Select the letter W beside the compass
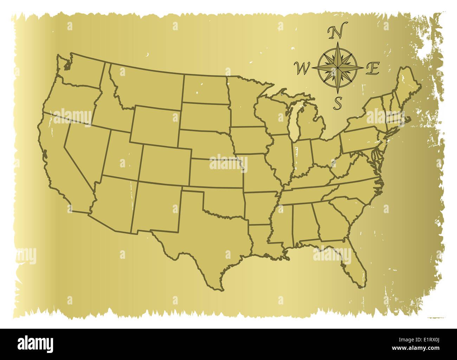(x=302, y=68)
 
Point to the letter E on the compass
(x=372, y=68)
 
